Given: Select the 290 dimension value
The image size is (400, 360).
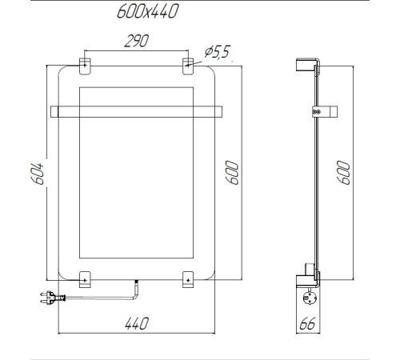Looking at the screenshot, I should click(134, 43).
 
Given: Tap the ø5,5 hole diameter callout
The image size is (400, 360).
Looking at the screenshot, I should click(217, 53).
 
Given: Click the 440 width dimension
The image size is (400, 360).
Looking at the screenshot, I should click(136, 322).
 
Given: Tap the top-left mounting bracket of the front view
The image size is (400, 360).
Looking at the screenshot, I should click(86, 62).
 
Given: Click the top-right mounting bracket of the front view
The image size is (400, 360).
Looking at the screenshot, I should click(187, 62).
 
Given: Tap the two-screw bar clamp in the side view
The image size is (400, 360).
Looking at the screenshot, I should click(317, 112).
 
